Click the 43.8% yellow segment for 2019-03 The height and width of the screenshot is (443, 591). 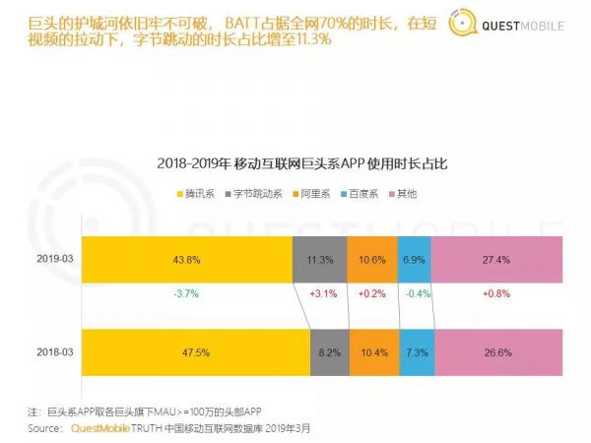pyautogui.click(x=186, y=260)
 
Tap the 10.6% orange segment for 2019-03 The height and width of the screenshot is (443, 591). pyautogui.click(x=372, y=260)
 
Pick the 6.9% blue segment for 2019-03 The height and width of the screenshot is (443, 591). pyautogui.click(x=415, y=260)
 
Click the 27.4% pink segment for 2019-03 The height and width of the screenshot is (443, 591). pyautogui.click(x=496, y=260)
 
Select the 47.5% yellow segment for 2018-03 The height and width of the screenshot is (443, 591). pyautogui.click(x=195, y=351)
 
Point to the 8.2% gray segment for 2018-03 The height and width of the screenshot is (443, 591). pyautogui.click(x=330, y=351)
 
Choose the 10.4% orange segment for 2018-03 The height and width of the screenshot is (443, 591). pyautogui.click(x=375, y=351)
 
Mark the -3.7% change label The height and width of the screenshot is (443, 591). pyautogui.click(x=186, y=294)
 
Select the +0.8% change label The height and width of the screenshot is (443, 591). pyautogui.click(x=496, y=294)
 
